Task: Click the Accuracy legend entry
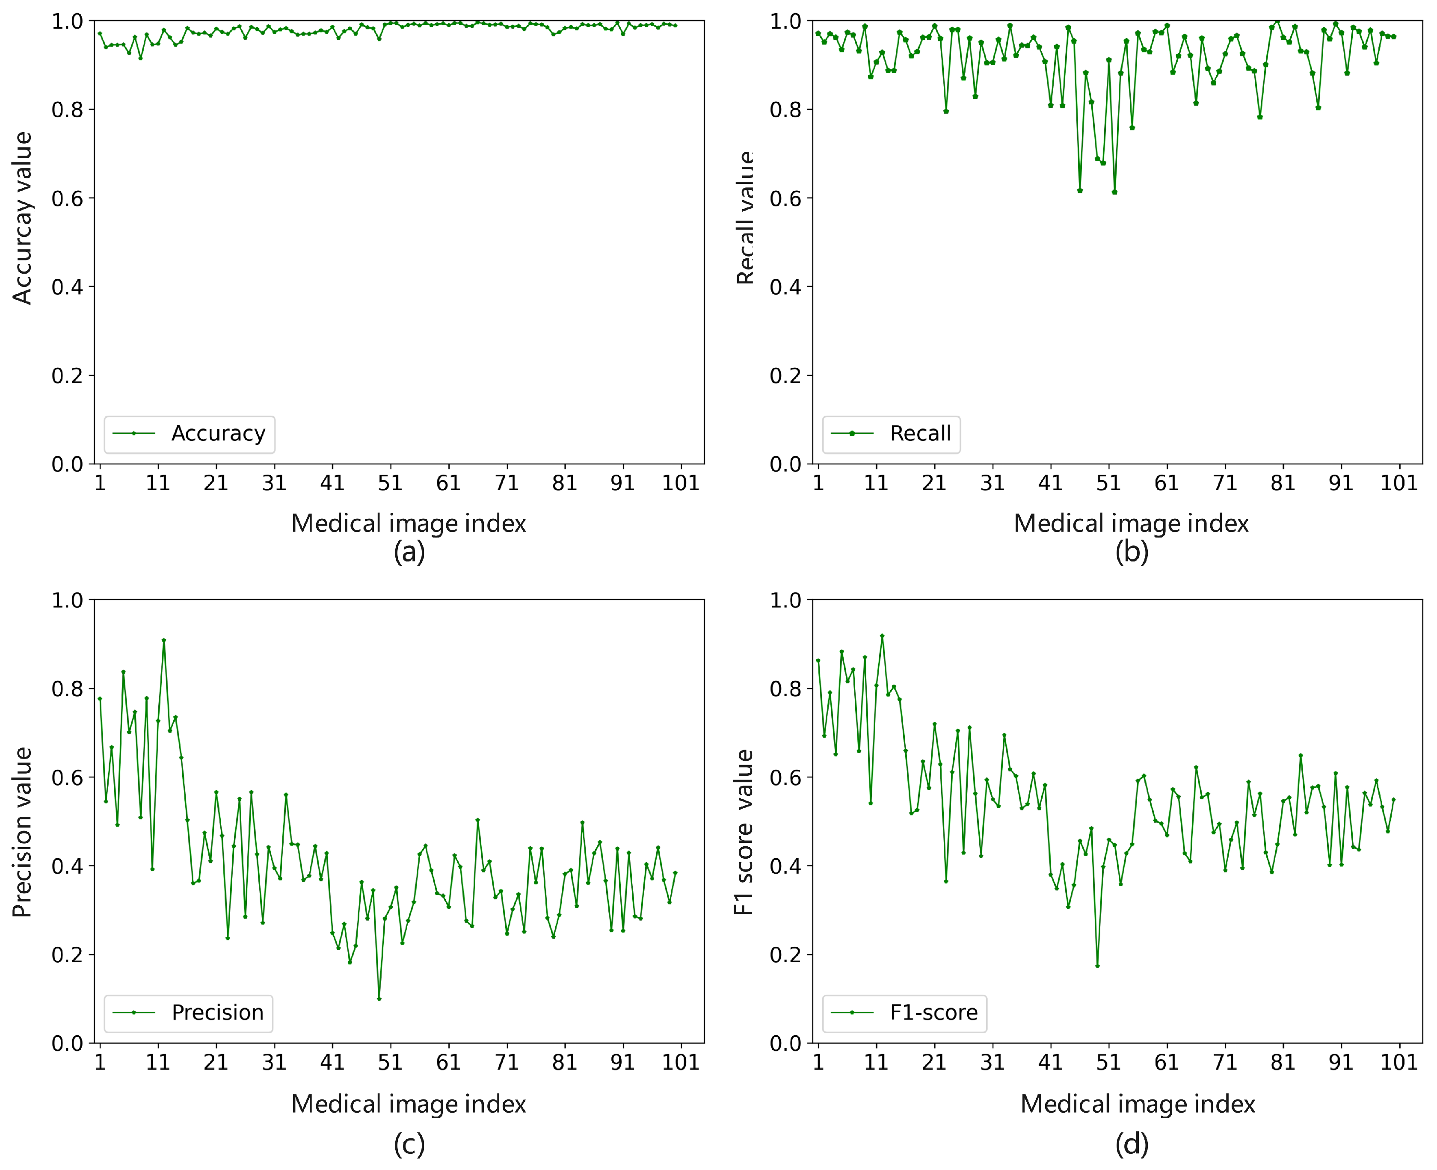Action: coord(190,433)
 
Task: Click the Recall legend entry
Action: coord(892,433)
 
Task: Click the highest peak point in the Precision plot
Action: coord(164,640)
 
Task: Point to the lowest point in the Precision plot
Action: coord(379,999)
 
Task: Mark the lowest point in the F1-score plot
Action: coord(1097,966)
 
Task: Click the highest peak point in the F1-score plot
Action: coord(882,635)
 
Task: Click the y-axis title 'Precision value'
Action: coord(22,832)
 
